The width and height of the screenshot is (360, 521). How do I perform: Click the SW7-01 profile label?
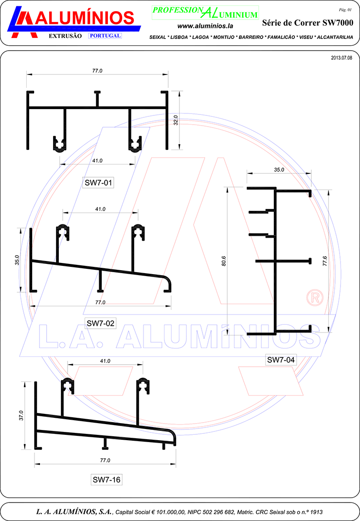pyautogui.click(x=98, y=183)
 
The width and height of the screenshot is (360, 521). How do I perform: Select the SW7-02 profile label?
pyautogui.click(x=100, y=323)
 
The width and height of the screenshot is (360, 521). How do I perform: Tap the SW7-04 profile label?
pyautogui.click(x=281, y=359)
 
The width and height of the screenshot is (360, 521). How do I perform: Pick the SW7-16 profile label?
pyautogui.click(x=106, y=480)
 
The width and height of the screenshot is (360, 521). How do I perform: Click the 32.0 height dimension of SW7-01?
pyautogui.click(x=176, y=120)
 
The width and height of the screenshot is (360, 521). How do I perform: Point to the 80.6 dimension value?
pyautogui.click(x=224, y=261)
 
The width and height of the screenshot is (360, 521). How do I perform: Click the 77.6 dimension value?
pyautogui.click(x=325, y=261)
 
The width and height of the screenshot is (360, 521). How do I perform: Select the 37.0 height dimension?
pyautogui.click(x=21, y=415)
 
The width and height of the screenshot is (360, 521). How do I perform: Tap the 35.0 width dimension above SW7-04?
pyautogui.click(x=279, y=170)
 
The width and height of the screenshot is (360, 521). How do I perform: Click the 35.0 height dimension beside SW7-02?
pyautogui.click(x=17, y=260)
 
